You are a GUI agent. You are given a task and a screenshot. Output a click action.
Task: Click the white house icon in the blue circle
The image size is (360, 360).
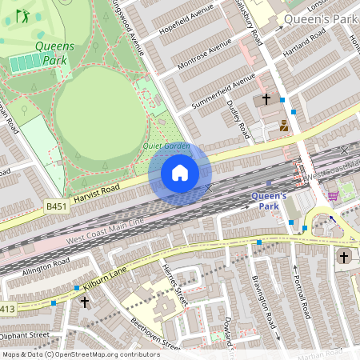[x=180, y=173]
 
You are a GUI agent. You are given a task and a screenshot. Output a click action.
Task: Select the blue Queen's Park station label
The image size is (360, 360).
[x=269, y=200]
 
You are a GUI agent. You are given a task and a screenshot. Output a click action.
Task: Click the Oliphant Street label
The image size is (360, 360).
[x=25, y=335]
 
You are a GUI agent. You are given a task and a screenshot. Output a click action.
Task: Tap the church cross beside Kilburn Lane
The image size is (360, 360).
[x=85, y=302]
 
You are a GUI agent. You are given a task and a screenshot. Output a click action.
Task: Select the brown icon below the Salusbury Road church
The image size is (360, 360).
[x=284, y=125]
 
